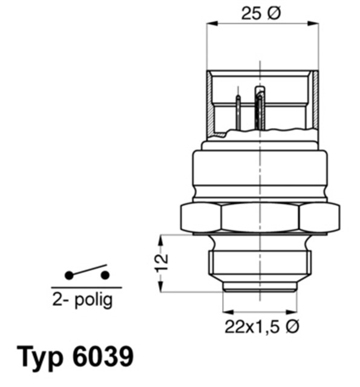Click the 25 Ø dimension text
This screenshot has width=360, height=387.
click(260, 14)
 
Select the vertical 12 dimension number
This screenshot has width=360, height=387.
click(161, 263)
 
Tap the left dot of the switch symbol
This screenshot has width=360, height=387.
click(69, 275)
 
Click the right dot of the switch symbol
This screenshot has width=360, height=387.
click(105, 275)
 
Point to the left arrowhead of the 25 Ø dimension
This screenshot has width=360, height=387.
click(211, 24)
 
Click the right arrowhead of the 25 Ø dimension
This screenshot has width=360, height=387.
click(314, 24)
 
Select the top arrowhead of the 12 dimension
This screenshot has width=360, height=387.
click(160, 238)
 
